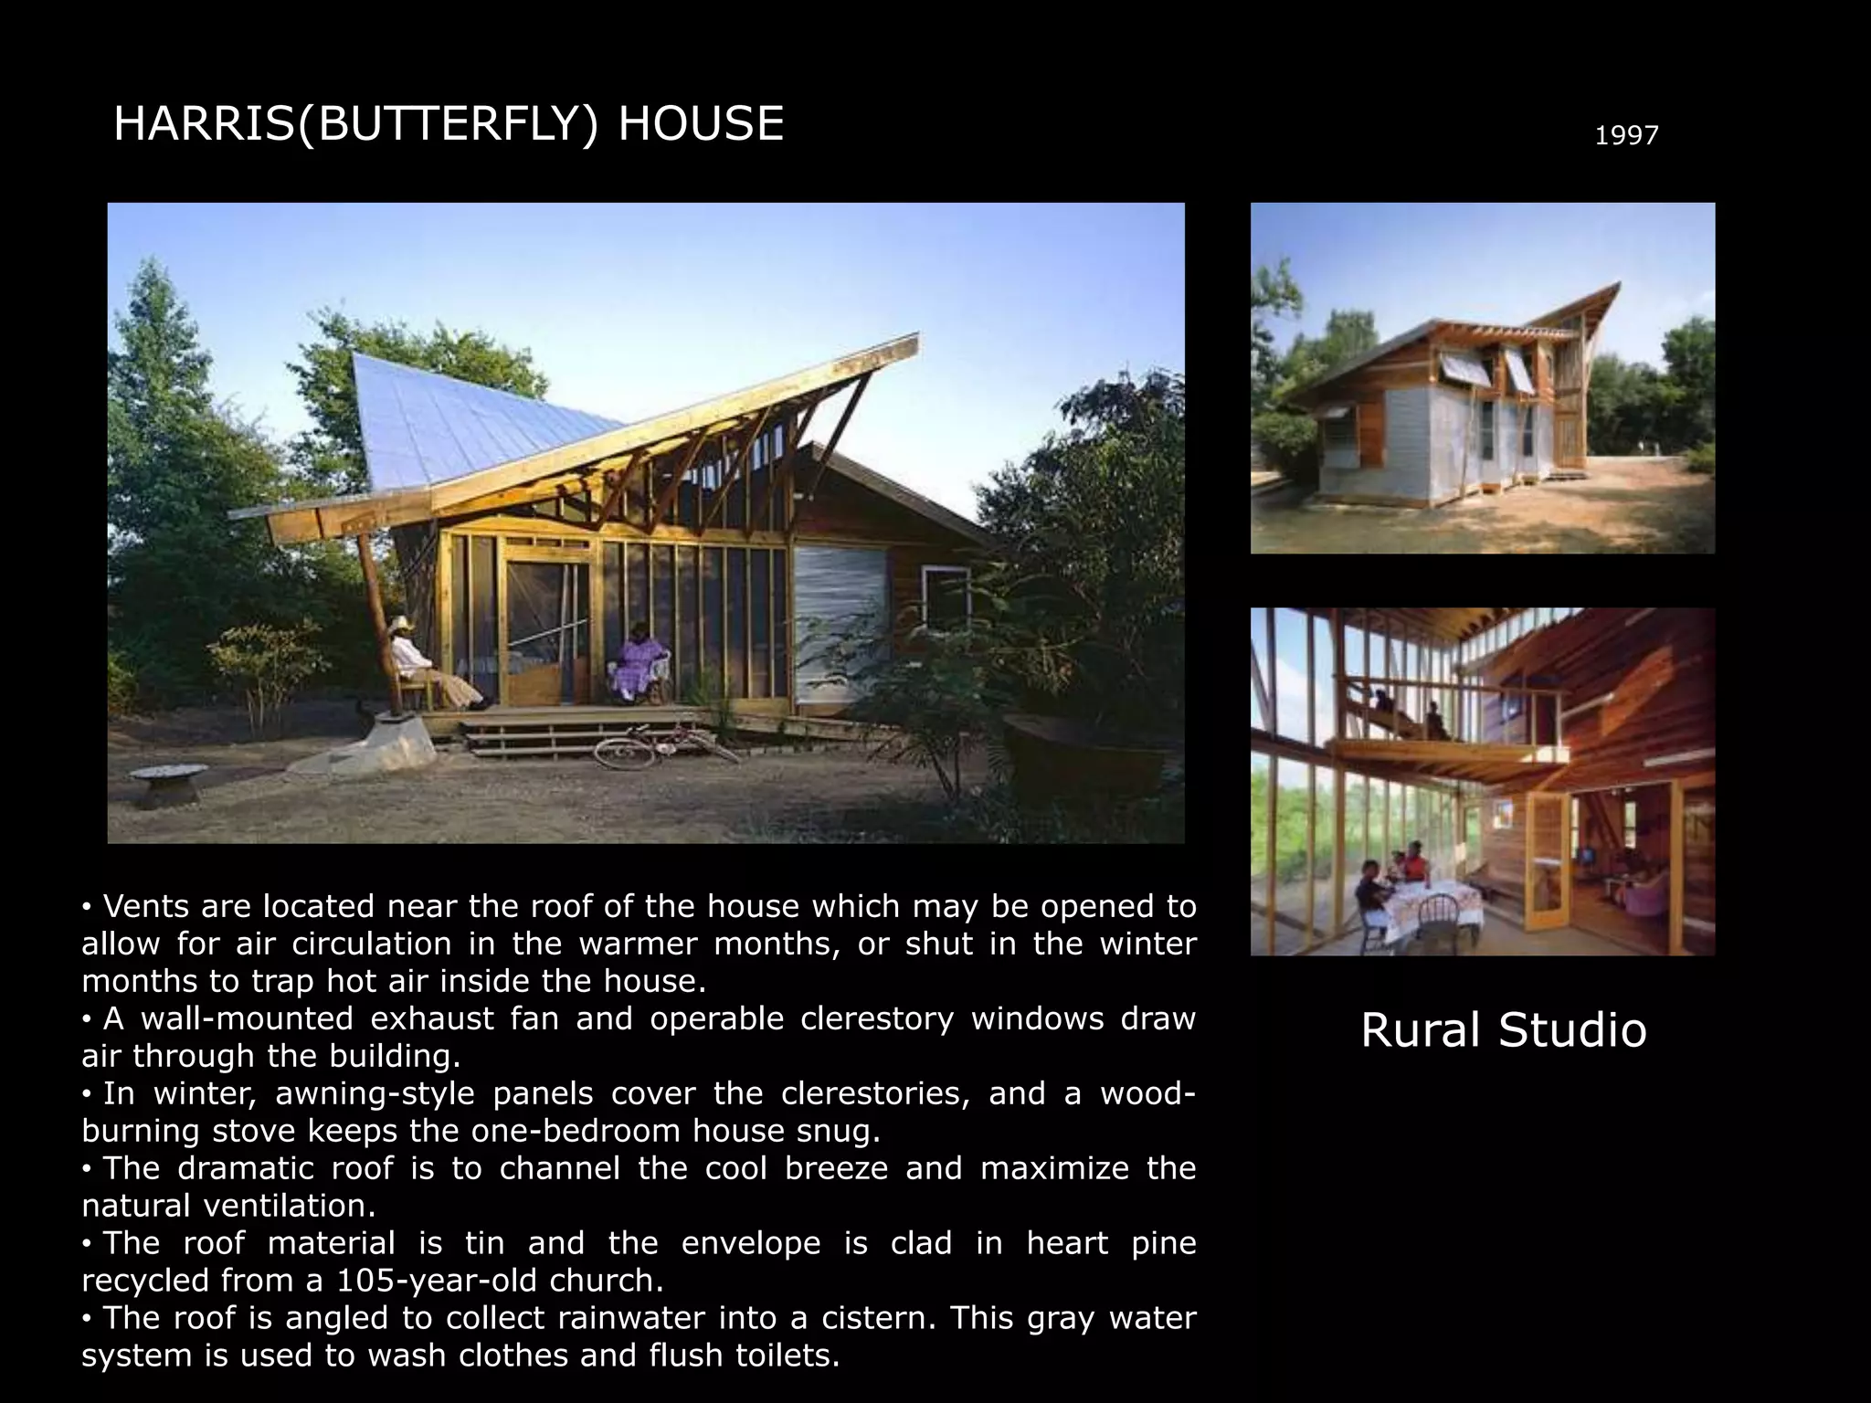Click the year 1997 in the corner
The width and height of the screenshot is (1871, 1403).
(1626, 136)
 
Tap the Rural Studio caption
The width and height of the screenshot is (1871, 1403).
(1503, 1029)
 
